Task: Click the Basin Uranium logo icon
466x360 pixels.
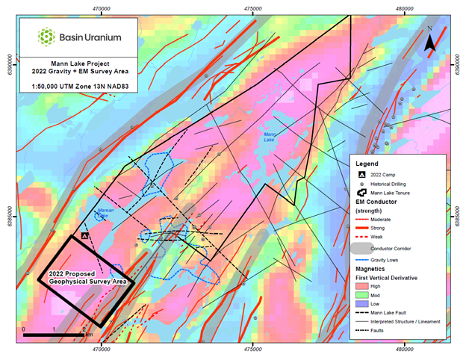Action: coord(46,35)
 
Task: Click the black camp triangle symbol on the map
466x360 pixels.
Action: coord(85,235)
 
